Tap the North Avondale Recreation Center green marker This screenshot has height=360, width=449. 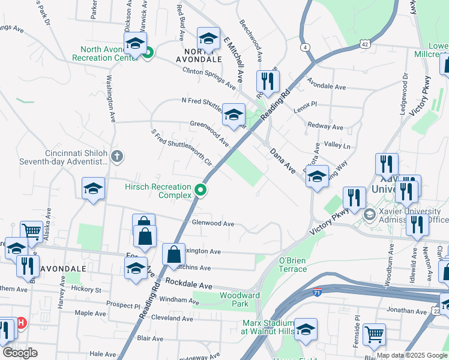click(147, 53)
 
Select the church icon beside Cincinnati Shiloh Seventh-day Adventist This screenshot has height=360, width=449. click(117, 157)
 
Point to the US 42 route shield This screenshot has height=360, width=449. click(365, 43)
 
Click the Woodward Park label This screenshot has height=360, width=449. click(240, 299)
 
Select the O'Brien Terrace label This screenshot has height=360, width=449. click(292, 265)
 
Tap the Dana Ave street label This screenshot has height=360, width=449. click(282, 161)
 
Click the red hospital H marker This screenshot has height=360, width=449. click(21, 323)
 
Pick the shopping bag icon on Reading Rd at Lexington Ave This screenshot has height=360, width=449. click(173, 254)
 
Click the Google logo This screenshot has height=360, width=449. click(20, 353)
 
